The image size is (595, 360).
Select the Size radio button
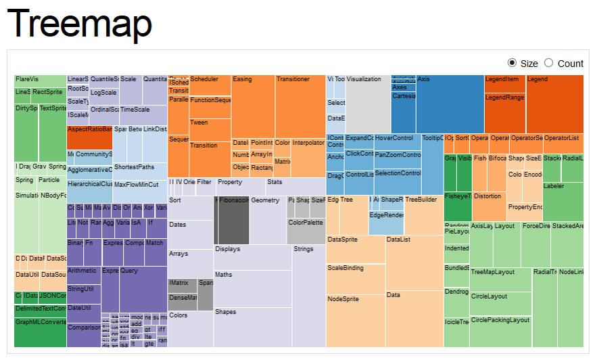pyautogui.click(x=512, y=63)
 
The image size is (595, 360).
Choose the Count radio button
pyautogui.click(x=548, y=63)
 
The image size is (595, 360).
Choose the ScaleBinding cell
pyautogui.click(x=356, y=278)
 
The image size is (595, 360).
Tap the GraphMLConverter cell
pyautogui.click(x=41, y=332)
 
